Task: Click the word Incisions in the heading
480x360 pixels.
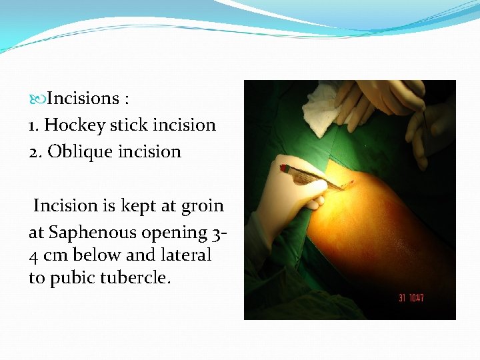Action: (x=83, y=99)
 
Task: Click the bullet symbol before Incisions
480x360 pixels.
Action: (x=37, y=99)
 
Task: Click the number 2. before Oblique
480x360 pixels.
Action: (x=35, y=152)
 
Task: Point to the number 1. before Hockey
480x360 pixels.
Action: (x=35, y=125)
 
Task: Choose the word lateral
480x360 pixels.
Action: (x=186, y=255)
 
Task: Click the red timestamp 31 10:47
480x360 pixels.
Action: (x=411, y=297)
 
